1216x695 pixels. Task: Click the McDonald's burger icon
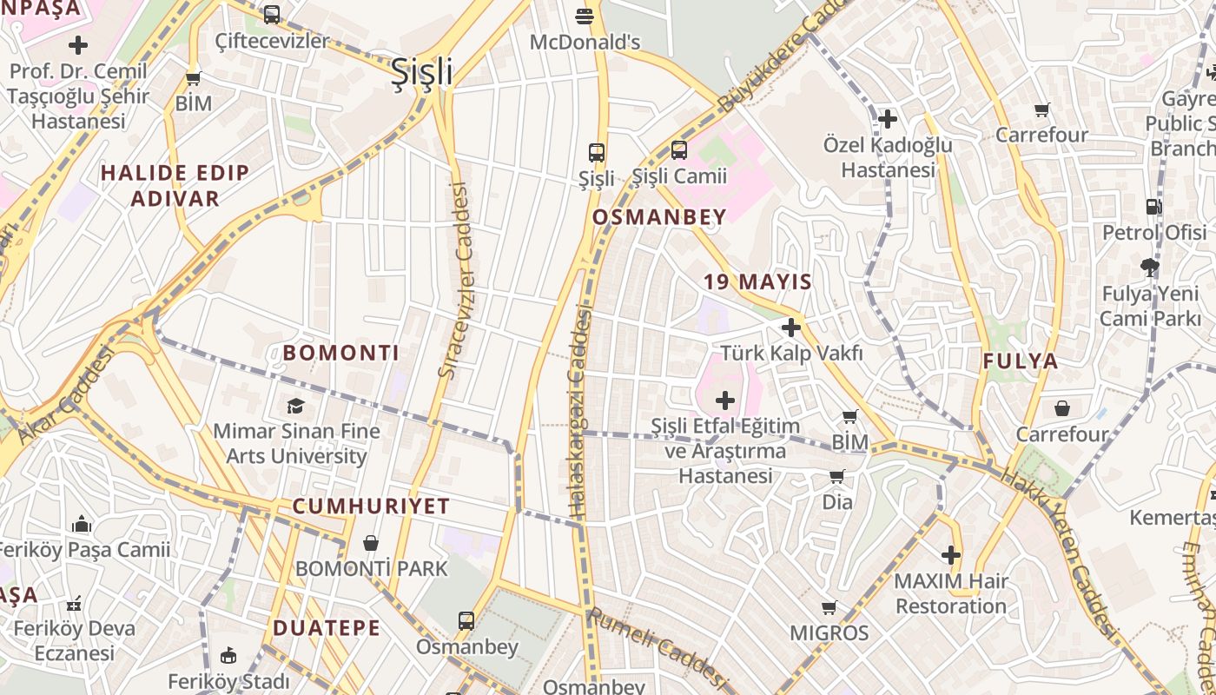click(585, 16)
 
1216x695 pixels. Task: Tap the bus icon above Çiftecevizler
click(272, 15)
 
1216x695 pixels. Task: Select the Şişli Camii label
click(678, 176)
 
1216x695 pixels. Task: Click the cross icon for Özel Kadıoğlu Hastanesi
click(888, 118)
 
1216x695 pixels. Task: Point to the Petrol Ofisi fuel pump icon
click(1153, 207)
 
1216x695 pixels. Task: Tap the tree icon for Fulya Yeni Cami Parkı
click(1150, 267)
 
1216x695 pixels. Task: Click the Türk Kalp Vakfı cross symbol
click(790, 328)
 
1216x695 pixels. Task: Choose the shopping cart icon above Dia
click(836, 476)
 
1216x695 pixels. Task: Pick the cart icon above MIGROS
click(829, 607)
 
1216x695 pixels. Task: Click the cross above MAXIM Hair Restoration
click(951, 554)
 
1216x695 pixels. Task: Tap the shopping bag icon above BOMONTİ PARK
click(371, 543)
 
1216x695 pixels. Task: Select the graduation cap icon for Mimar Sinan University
click(296, 406)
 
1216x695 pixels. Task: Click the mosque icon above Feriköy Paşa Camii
click(82, 524)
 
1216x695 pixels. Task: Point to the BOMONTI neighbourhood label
click(341, 354)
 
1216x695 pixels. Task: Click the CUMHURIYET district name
click(371, 506)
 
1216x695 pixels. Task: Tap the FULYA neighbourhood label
click(1021, 361)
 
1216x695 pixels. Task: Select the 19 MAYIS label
click(757, 281)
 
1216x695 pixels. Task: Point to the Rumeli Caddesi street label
click(657, 644)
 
